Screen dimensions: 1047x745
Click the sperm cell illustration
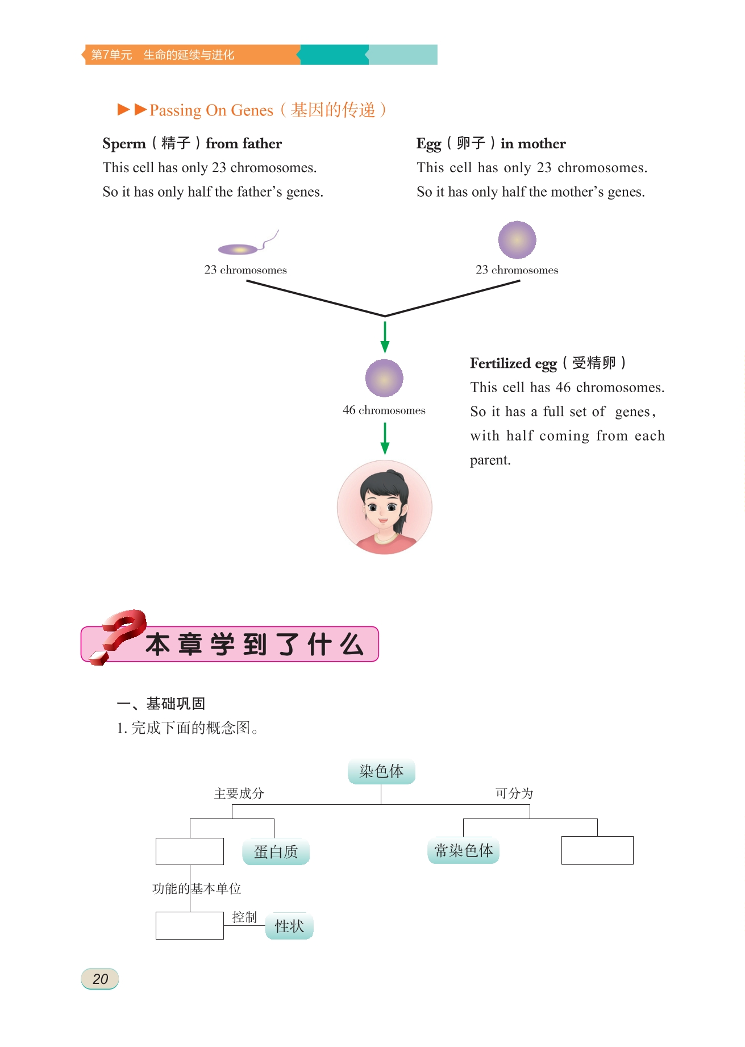(241, 248)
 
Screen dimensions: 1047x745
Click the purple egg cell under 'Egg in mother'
(517, 240)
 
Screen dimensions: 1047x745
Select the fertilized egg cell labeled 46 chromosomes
(384, 378)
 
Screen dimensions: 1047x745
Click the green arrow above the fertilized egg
(385, 336)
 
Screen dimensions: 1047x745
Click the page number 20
(100, 979)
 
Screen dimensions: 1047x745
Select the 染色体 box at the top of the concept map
(381, 771)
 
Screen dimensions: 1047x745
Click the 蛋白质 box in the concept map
(276, 851)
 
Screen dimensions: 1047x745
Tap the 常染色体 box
(463, 850)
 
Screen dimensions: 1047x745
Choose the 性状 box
(289, 926)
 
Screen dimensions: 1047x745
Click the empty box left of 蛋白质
(189, 851)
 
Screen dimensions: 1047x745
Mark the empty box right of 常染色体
(597, 850)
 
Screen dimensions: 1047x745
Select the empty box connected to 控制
(189, 925)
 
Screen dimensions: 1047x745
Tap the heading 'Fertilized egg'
(513, 363)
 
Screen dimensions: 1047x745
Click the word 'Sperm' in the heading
(124, 144)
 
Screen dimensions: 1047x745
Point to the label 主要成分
(239, 793)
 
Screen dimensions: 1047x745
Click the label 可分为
(514, 793)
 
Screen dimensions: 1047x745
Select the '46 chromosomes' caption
(384, 410)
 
